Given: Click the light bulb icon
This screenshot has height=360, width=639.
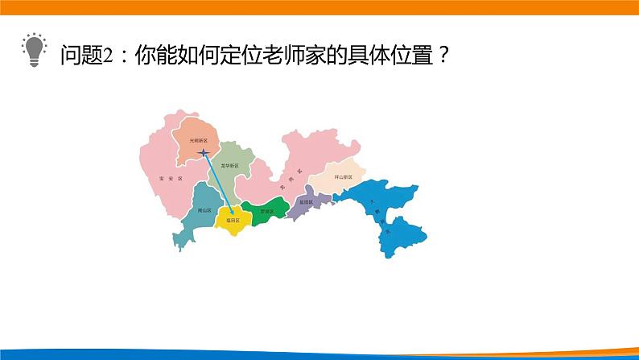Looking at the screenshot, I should [32, 50].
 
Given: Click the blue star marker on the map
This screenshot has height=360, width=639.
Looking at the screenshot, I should [204, 151].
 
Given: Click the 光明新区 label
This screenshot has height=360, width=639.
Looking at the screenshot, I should [198, 140].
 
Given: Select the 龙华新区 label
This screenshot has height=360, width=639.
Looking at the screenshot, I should [230, 165].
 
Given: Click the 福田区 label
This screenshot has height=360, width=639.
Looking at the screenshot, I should [233, 218].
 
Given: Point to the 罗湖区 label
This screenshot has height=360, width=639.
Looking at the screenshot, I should [266, 212].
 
